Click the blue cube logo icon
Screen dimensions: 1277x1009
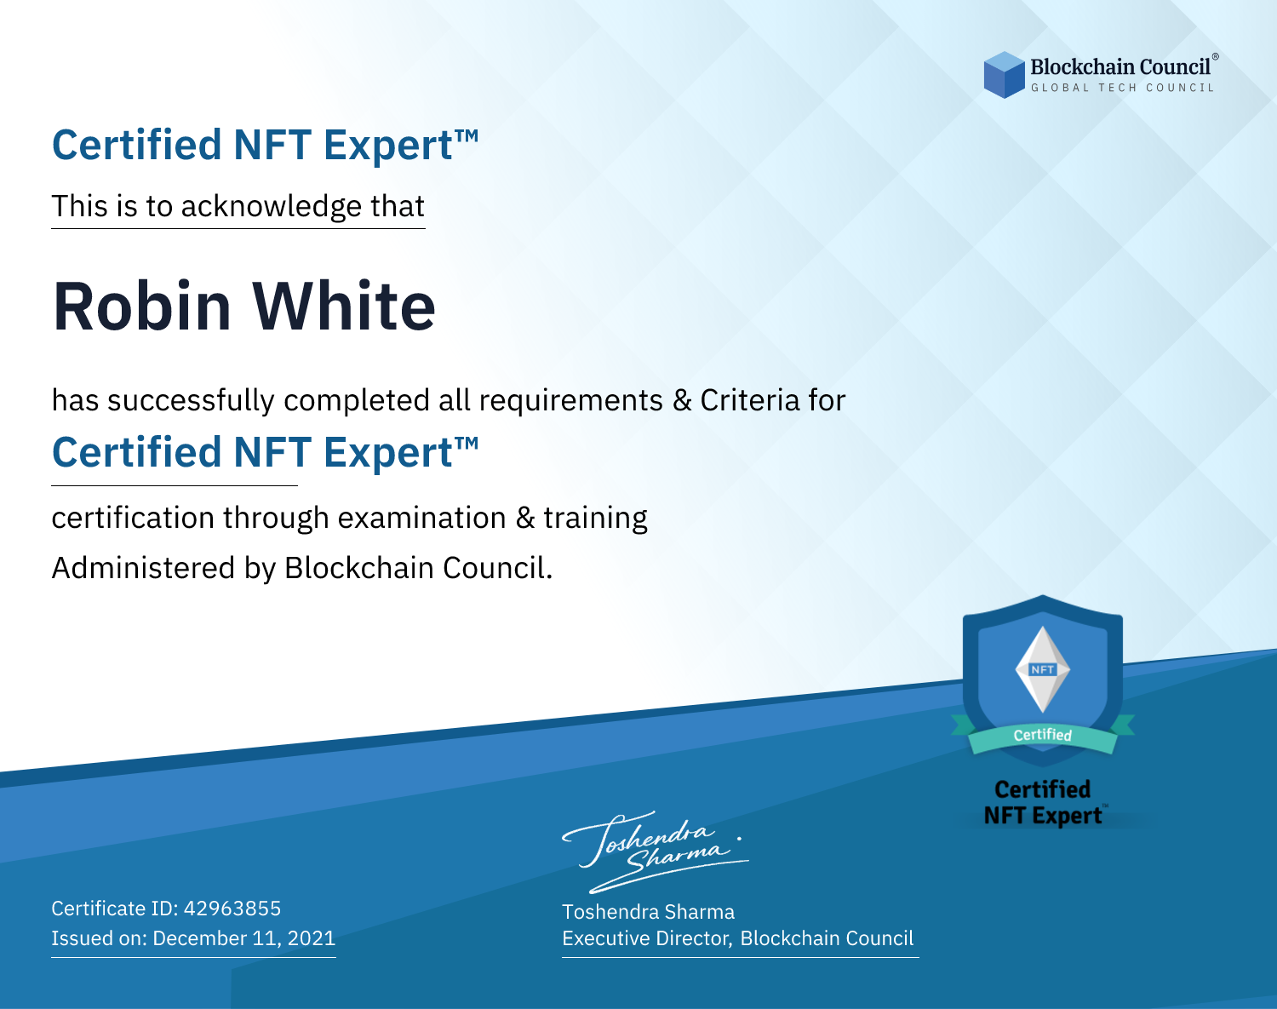(x=1004, y=75)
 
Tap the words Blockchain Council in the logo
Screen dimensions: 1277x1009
(x=1120, y=67)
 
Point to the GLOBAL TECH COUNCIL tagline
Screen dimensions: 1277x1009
(x=1123, y=88)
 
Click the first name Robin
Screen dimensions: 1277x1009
(x=141, y=307)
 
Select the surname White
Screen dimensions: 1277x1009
(x=344, y=307)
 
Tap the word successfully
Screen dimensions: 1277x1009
(x=191, y=401)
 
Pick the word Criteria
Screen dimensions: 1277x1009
(x=749, y=400)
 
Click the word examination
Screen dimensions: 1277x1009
(x=422, y=518)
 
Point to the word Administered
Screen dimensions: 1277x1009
(x=143, y=568)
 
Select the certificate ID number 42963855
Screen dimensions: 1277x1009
(x=232, y=908)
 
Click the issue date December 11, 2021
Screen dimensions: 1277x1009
(x=243, y=937)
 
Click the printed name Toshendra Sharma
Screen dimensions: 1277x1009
(x=648, y=912)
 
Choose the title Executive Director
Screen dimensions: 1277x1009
(x=645, y=937)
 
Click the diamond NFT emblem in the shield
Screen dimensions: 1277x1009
(x=1043, y=669)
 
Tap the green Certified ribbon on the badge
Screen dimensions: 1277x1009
(x=1043, y=736)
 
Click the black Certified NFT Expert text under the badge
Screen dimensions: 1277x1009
(x=1043, y=802)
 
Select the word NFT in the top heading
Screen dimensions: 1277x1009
(x=272, y=146)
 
